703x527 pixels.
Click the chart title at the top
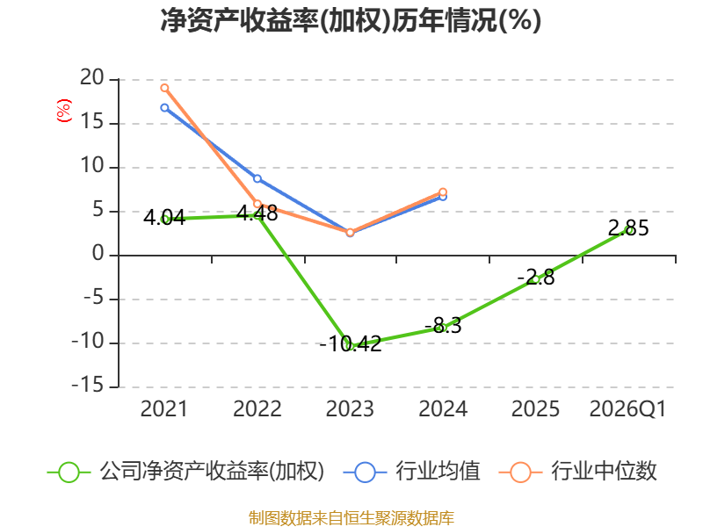(351, 20)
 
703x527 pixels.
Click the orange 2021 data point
(164, 88)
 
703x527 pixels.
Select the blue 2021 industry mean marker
(164, 107)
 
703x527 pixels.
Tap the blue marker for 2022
(257, 178)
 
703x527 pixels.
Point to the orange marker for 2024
(443, 192)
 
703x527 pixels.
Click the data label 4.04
(164, 217)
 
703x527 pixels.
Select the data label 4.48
(257, 213)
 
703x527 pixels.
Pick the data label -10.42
(350, 343)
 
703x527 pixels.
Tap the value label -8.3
(443, 325)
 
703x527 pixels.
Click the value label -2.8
(536, 278)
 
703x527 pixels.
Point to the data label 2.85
(628, 228)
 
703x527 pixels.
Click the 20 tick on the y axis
(92, 78)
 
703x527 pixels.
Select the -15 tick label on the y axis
(88, 386)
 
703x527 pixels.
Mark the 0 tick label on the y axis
(98, 254)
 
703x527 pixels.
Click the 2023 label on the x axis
(350, 408)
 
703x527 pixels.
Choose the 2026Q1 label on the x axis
(627, 409)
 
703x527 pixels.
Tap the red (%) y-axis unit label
(63, 111)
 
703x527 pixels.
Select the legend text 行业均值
(438, 471)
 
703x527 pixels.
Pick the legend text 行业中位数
(604, 471)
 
